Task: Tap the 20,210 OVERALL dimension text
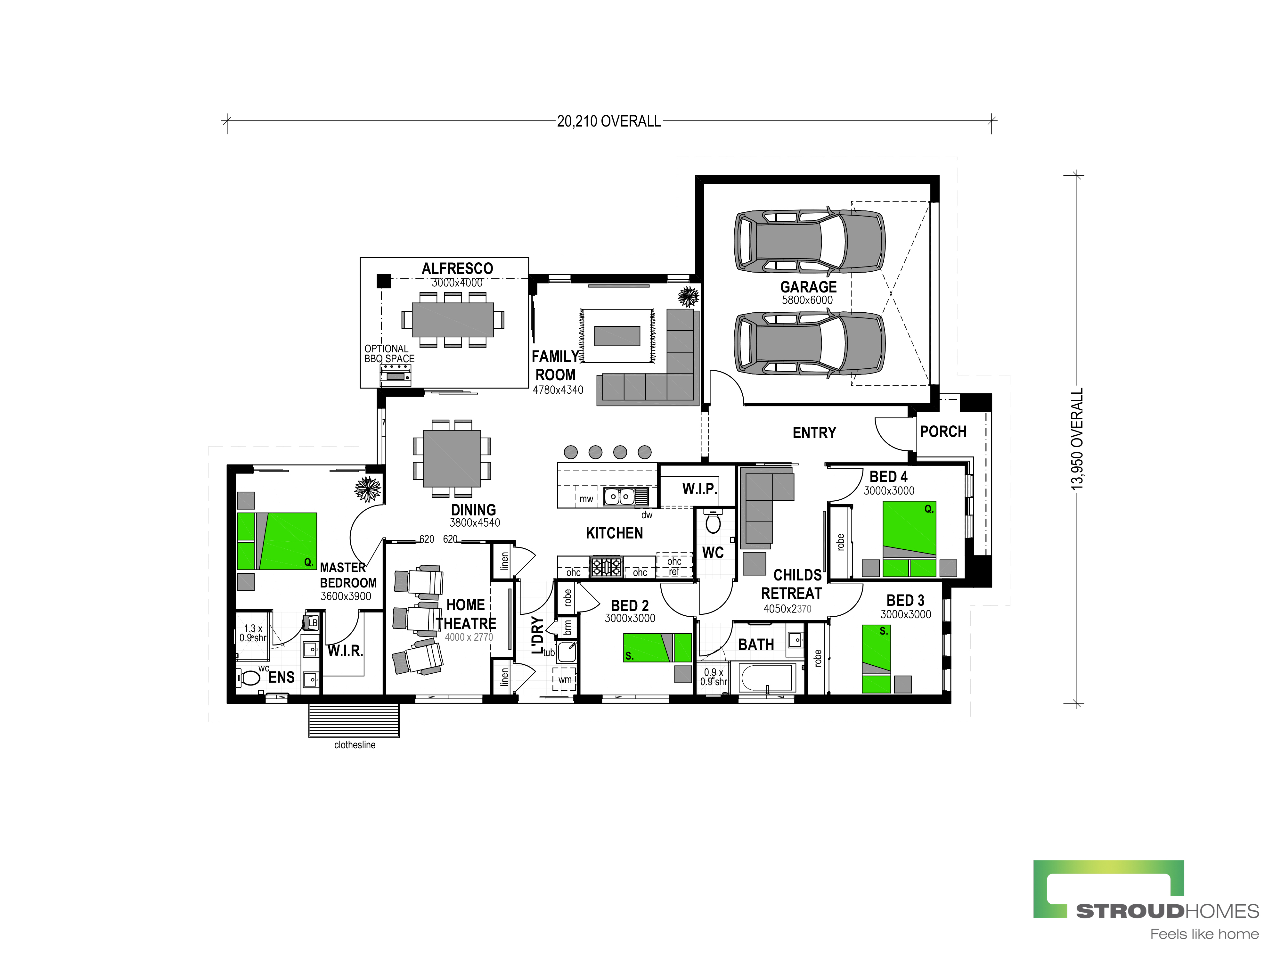609,121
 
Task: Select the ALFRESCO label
457,269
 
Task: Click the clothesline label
355,745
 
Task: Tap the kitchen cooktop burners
606,567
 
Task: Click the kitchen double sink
619,497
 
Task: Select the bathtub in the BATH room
766,677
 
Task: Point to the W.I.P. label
699,489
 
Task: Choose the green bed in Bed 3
876,659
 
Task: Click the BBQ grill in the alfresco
396,375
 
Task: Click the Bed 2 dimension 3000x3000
630,618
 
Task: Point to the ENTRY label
814,433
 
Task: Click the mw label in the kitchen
586,499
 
